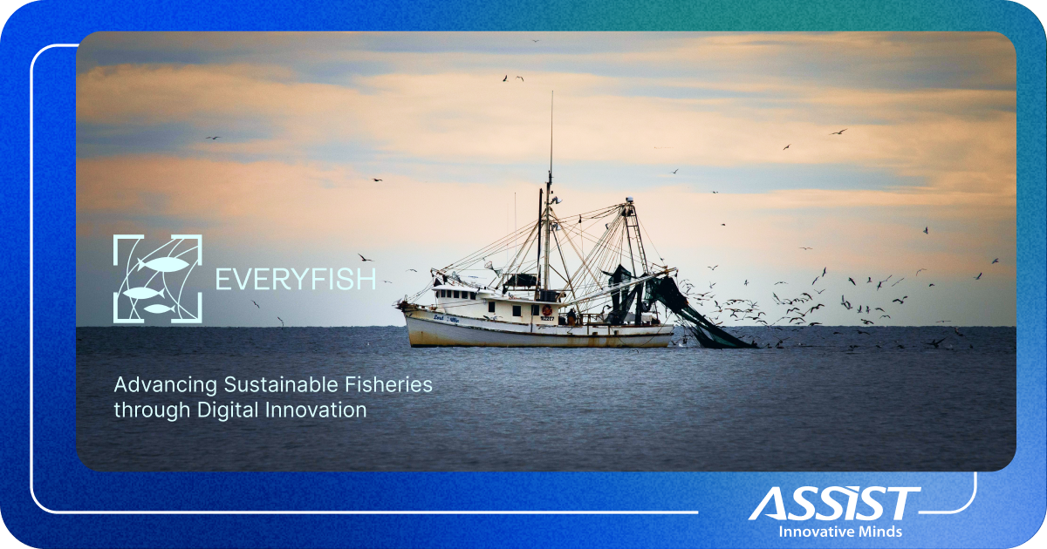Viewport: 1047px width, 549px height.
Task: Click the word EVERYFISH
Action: [296, 280]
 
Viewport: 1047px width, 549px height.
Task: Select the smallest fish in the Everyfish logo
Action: [157, 308]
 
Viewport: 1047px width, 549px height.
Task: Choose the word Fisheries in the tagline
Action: [388, 384]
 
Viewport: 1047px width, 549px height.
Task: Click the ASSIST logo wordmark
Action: [833, 504]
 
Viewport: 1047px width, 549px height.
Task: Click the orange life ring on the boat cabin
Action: [546, 310]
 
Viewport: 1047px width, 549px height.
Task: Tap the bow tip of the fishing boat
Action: [402, 305]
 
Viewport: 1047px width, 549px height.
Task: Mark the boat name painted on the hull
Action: [450, 319]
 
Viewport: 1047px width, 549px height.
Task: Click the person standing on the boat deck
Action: [571, 315]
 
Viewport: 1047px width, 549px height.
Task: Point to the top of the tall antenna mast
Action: [551, 94]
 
